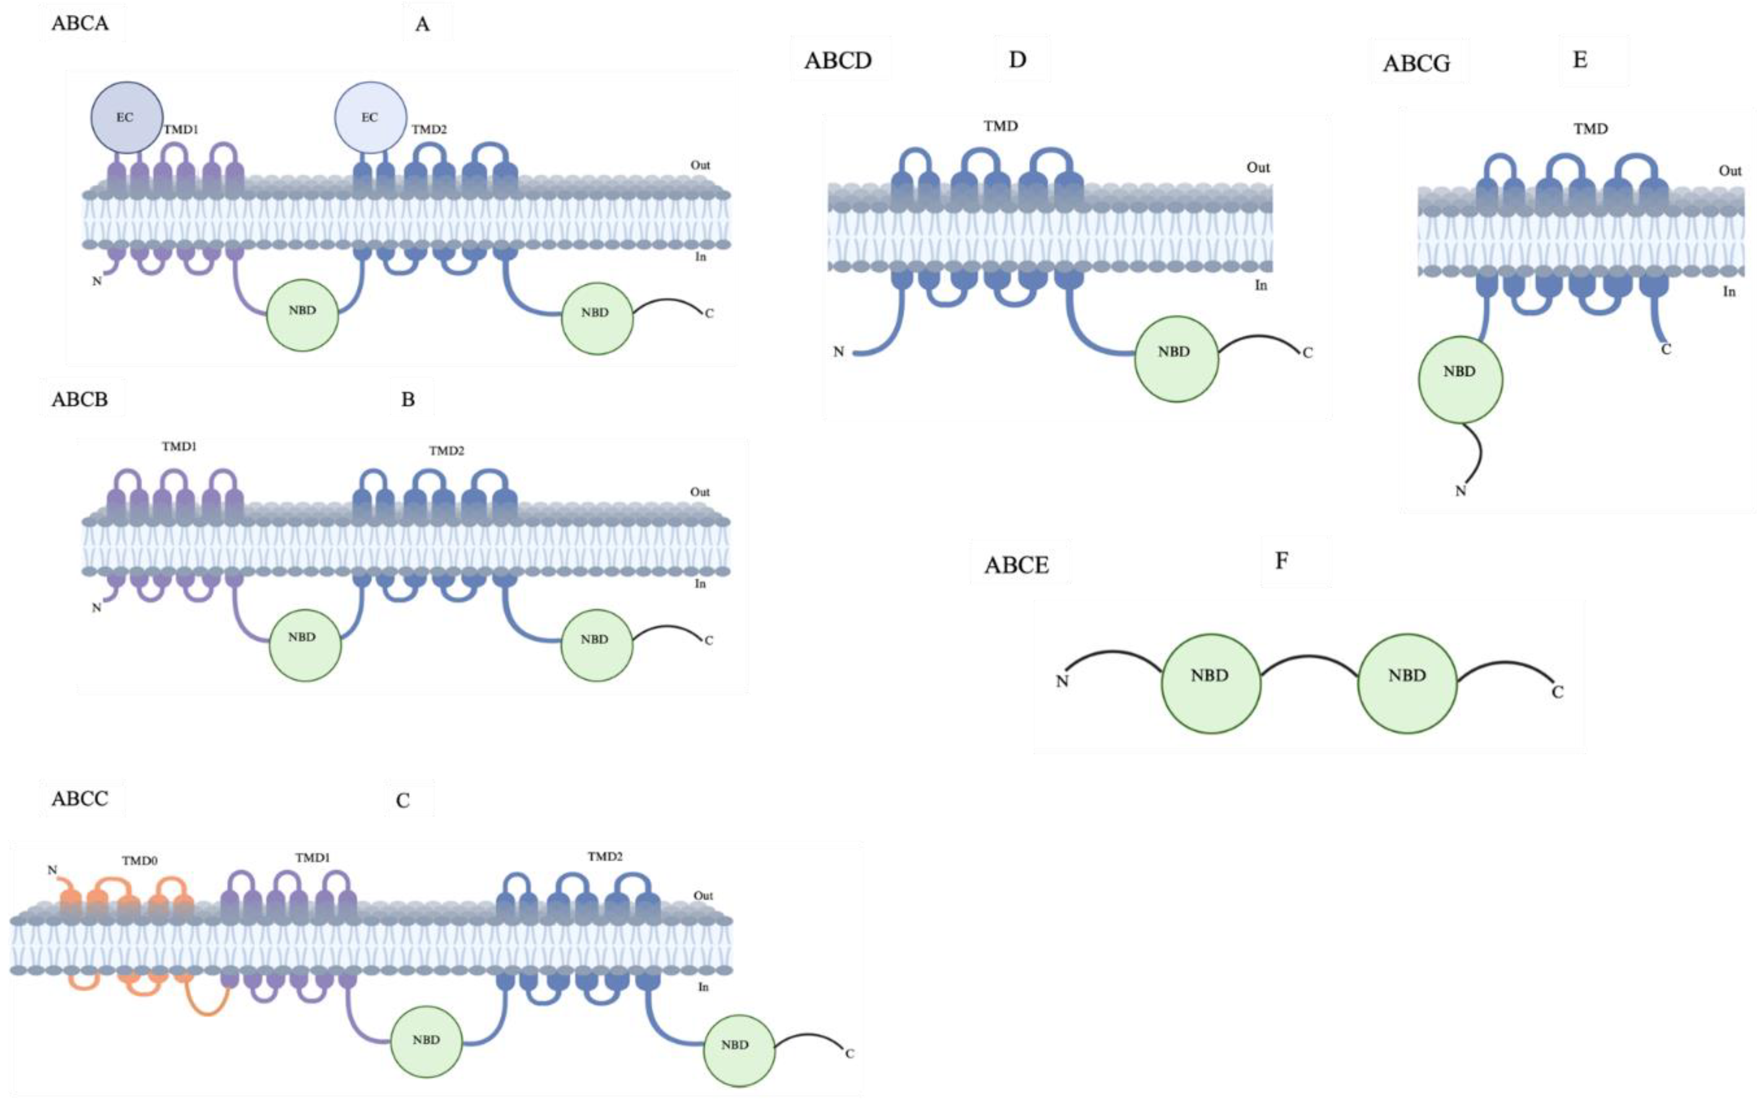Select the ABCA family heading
click(x=80, y=23)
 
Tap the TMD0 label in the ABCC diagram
click(x=140, y=861)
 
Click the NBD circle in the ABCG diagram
click(x=1460, y=379)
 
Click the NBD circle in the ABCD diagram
click(x=1175, y=358)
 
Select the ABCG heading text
click(x=1416, y=64)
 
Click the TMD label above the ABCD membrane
click(x=1000, y=126)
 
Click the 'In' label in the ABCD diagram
click(x=1260, y=285)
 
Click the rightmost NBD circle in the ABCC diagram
click(x=738, y=1050)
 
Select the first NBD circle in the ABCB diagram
click(x=303, y=644)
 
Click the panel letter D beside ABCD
click(x=1017, y=60)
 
